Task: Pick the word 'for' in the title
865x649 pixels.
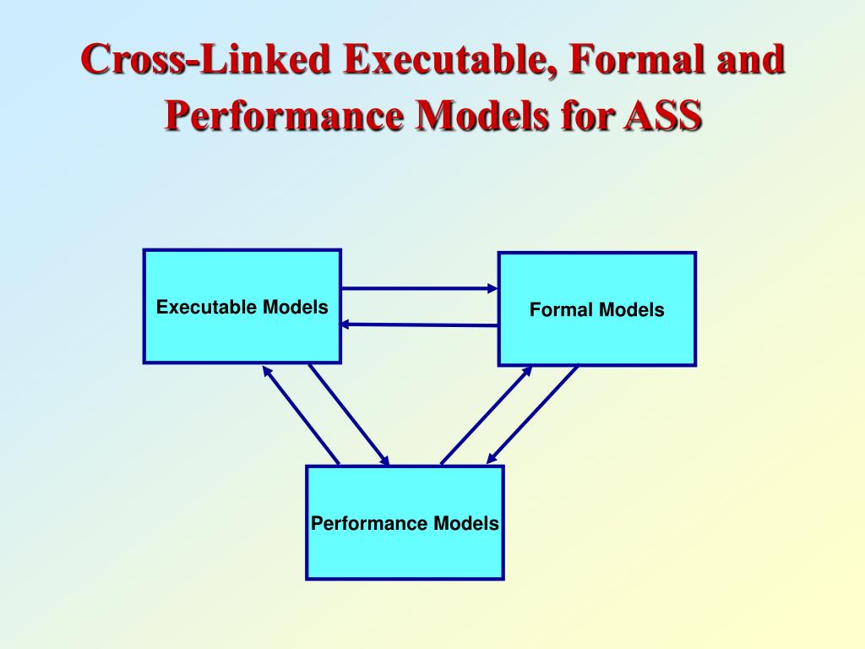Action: coord(586,117)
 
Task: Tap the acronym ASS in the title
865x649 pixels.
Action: coord(662,117)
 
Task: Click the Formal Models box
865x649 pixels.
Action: coord(596,338)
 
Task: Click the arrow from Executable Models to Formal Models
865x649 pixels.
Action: coord(420,288)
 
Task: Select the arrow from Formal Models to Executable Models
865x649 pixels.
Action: coord(420,324)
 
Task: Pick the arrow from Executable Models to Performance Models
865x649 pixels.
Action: coord(349,415)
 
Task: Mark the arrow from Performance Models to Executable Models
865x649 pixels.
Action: coord(301,415)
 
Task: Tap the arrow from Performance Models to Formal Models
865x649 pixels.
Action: coord(487,415)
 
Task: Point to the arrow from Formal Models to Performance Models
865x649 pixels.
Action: coord(532,415)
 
